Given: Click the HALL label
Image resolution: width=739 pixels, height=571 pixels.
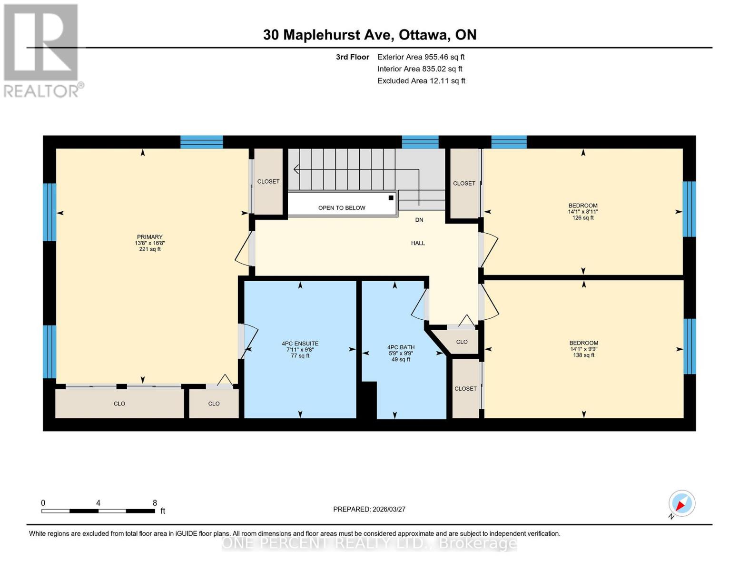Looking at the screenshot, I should [418, 243].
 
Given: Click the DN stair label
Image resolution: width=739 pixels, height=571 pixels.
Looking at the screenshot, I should [419, 220].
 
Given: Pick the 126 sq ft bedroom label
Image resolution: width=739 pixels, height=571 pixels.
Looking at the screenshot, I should [582, 212].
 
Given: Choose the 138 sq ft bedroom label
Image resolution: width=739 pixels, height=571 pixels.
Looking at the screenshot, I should [583, 349].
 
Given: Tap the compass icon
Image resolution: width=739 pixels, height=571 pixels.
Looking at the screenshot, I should [681, 503].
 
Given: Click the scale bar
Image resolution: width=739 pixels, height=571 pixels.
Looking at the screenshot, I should [98, 511].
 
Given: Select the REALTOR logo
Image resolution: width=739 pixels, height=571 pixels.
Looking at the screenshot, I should [42, 50].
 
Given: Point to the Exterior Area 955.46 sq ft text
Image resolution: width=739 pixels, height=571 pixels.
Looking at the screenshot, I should [421, 57].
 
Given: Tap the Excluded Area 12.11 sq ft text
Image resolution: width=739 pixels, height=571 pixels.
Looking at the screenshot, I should [421, 81].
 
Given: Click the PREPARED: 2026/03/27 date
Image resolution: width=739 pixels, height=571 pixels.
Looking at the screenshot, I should [369, 509].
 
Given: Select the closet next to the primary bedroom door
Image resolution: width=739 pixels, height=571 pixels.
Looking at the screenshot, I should [268, 182].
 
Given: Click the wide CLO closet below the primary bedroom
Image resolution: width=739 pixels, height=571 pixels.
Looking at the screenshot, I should [119, 404].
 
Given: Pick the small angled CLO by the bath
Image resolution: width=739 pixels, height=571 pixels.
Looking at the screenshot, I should [461, 342].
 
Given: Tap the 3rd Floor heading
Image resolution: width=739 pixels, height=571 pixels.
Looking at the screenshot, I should [352, 57].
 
